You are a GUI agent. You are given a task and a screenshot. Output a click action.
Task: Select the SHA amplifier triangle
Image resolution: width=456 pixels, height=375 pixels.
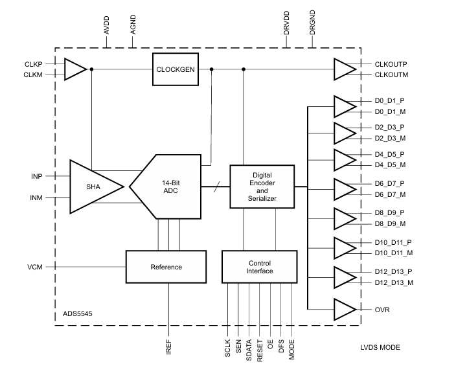click(x=95, y=186)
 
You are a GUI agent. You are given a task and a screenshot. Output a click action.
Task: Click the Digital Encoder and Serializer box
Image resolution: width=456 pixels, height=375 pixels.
click(x=262, y=187)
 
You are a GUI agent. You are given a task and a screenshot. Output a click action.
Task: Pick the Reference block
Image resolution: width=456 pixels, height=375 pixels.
click(x=166, y=267)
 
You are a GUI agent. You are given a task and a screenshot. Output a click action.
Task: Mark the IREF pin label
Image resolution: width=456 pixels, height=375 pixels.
click(x=168, y=348)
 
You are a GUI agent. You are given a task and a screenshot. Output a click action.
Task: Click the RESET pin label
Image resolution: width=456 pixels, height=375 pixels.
click(x=259, y=350)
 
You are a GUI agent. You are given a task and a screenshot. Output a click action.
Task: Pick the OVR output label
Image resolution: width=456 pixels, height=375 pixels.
click(x=382, y=310)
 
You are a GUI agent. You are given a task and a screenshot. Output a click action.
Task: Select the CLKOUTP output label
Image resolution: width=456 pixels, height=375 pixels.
click(x=390, y=64)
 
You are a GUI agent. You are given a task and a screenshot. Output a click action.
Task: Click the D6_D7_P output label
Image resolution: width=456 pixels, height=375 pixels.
click(x=389, y=184)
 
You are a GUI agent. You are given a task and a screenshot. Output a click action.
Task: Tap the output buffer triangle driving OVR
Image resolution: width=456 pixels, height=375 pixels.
click(x=343, y=310)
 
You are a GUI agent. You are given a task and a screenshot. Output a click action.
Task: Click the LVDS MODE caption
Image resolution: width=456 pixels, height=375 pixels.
click(x=380, y=348)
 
